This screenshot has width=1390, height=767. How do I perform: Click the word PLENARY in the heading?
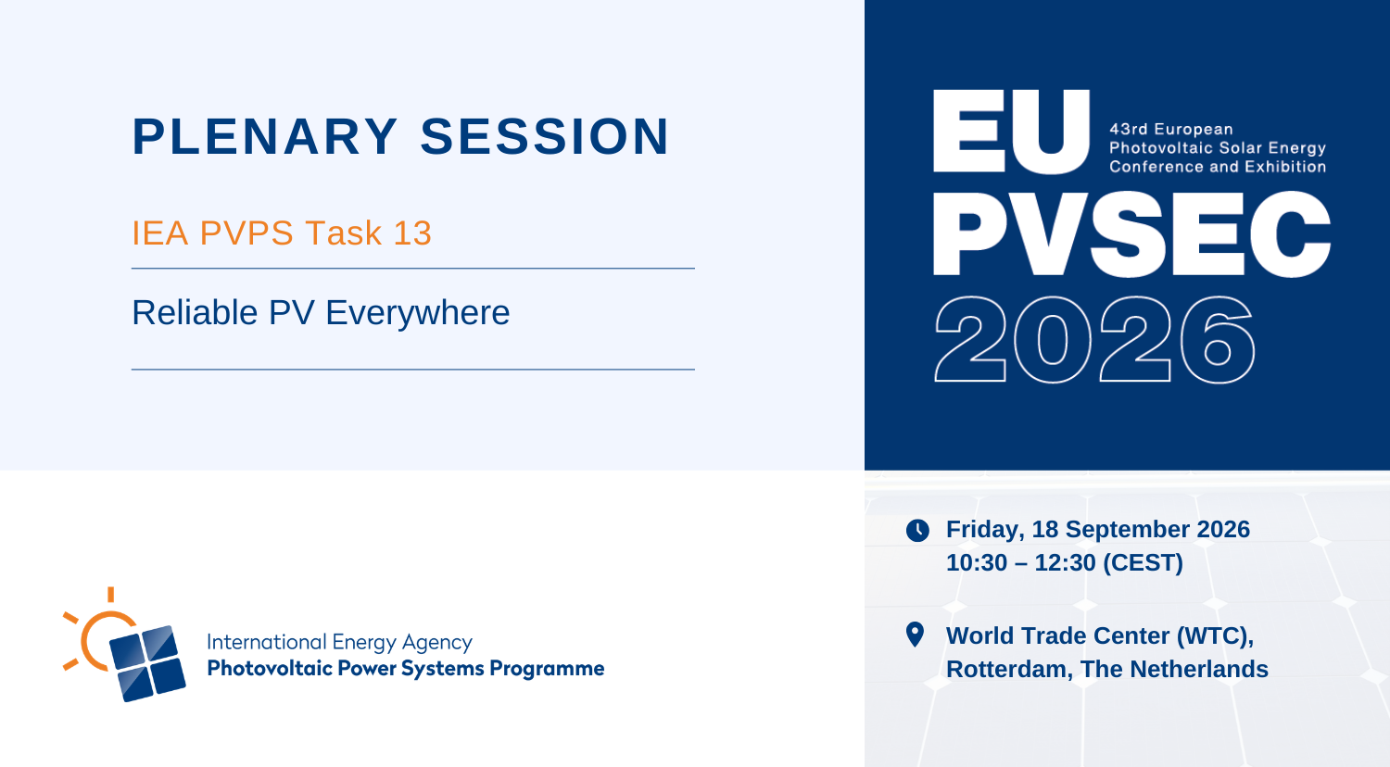click(265, 136)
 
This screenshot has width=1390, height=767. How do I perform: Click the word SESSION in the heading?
click(545, 136)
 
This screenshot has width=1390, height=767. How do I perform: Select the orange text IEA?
click(159, 233)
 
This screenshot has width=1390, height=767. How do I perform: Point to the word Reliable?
click(195, 312)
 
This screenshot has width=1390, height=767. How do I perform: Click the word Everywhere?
click(418, 313)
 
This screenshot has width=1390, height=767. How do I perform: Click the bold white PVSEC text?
click(1131, 233)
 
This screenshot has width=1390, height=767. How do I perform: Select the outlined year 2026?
click(1094, 339)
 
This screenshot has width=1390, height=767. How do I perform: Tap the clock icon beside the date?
click(917, 531)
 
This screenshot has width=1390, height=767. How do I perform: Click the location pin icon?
click(916, 635)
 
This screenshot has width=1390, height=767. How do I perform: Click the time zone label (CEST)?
click(1143, 563)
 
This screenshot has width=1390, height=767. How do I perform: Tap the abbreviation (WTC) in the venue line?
click(1215, 636)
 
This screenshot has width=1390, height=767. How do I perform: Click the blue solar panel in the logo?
click(147, 664)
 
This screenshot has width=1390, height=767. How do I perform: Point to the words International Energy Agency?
click(339, 642)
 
